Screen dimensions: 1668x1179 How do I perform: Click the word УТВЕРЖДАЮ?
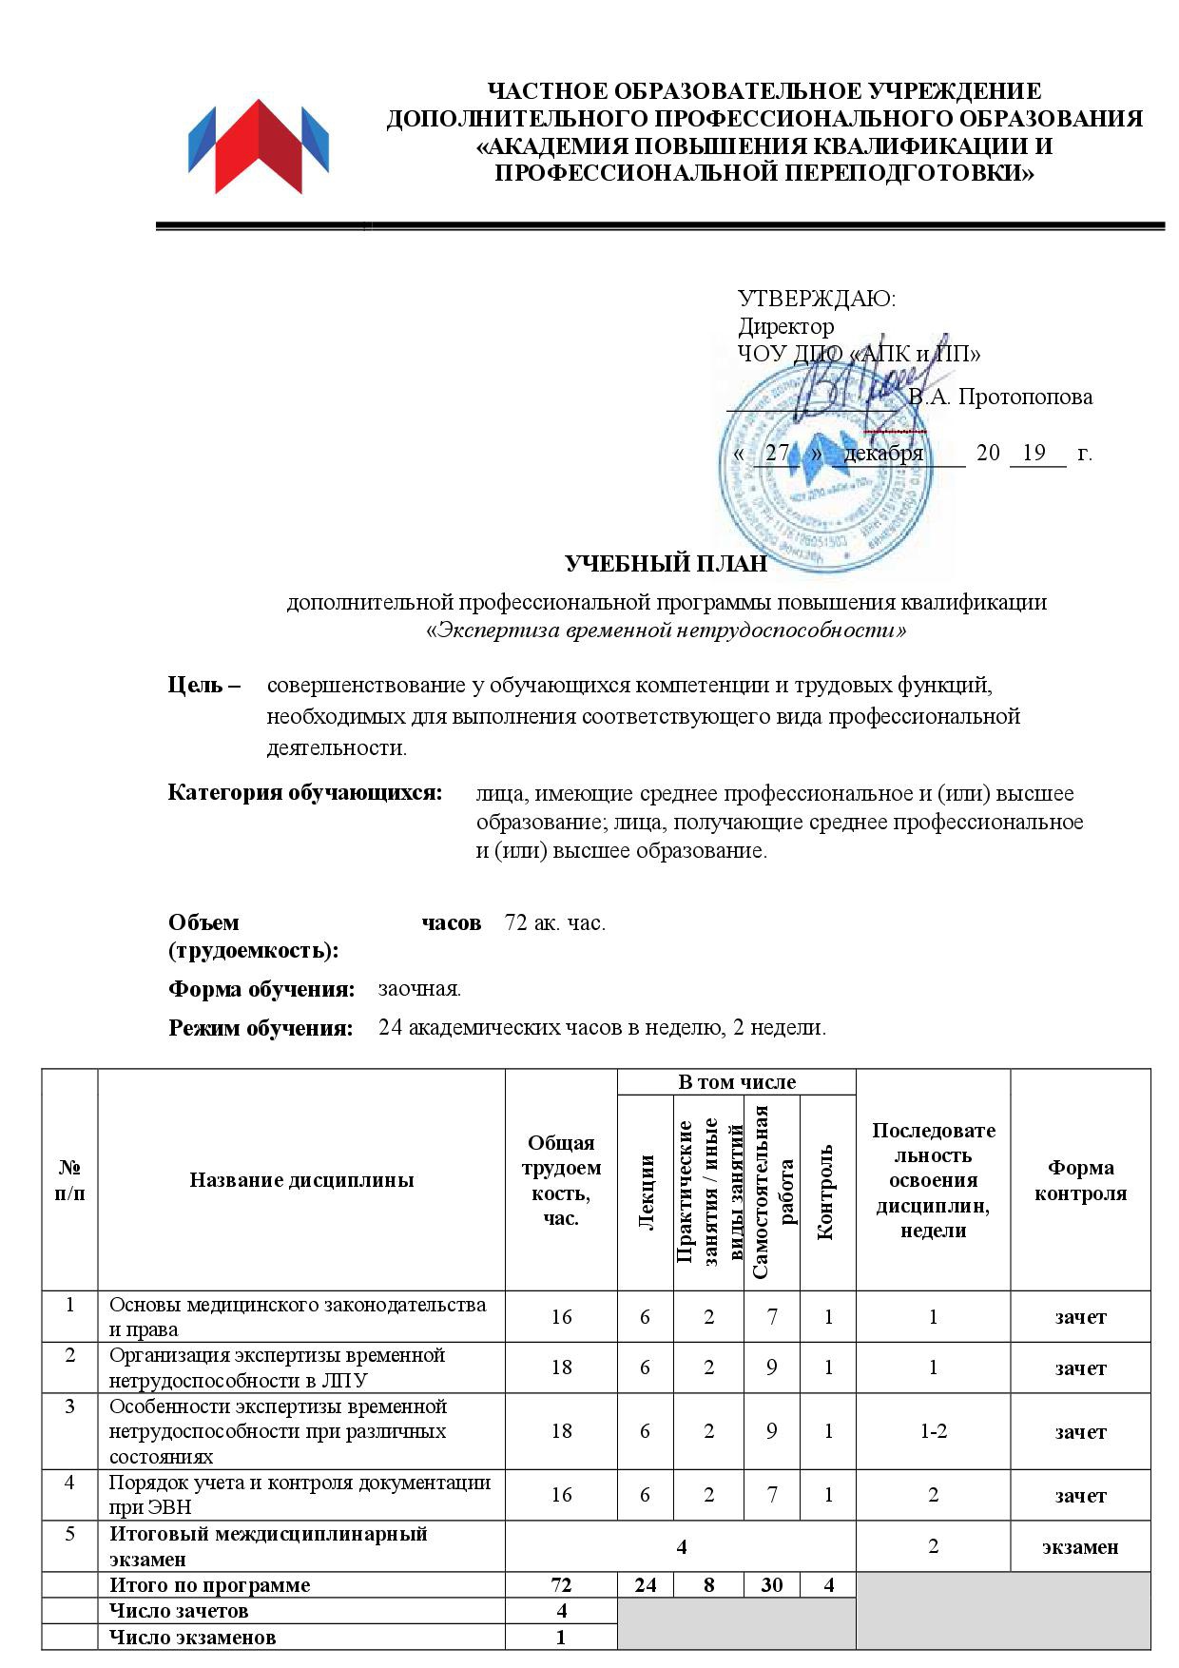[817, 299]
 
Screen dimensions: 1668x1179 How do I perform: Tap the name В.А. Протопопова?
[1001, 397]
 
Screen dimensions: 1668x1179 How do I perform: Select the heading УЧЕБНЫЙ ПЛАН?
[666, 564]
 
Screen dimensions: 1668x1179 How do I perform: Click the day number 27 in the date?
[777, 453]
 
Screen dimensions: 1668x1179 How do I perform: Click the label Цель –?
[203, 685]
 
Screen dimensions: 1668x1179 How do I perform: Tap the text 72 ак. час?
[555, 922]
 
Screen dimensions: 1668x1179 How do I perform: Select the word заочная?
[419, 989]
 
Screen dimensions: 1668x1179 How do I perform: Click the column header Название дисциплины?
[301, 1180]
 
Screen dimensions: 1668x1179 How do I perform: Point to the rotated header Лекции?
[647, 1193]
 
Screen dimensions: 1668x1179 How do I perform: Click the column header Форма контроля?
[1080, 1180]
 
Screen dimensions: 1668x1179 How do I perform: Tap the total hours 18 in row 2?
[561, 1367]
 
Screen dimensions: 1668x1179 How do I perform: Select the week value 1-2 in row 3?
[933, 1430]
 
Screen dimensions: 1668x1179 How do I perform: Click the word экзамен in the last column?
[1080, 1546]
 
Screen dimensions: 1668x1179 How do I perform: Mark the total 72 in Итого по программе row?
[561, 1585]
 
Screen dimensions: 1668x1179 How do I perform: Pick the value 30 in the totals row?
[772, 1585]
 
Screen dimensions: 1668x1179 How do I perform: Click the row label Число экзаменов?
[192, 1638]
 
